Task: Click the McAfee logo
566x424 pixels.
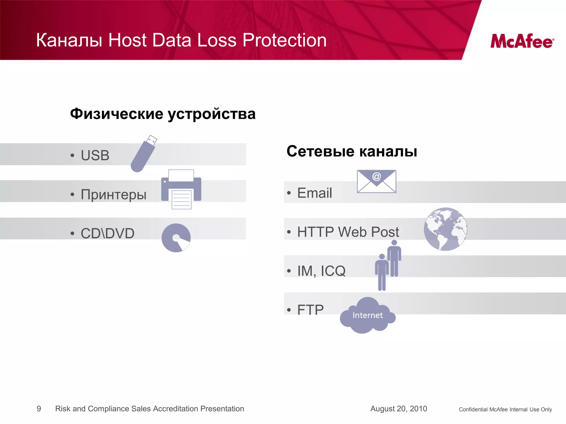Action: pos(522,41)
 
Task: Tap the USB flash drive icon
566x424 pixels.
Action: pos(143,154)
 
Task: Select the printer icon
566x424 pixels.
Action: pos(181,189)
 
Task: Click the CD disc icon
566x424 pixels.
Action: pos(176,238)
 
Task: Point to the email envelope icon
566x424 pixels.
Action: pos(376,181)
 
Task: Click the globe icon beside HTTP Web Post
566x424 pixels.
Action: pos(446,229)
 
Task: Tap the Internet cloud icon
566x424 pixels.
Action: pos(368,316)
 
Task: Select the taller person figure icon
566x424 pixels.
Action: pos(394,258)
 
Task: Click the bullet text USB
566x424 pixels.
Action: pos(95,155)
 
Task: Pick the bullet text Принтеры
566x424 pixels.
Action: pos(113,194)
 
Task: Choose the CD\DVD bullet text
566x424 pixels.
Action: pos(108,234)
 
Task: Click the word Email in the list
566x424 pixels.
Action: pos(315,193)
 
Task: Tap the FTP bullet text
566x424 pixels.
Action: pos(310,310)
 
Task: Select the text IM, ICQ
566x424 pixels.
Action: pos(321,271)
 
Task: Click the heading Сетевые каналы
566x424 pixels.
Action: pos(352,151)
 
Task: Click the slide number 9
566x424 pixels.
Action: pos(39,409)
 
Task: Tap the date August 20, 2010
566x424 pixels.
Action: pos(399,409)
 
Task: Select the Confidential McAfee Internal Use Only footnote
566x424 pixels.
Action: pos(505,409)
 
